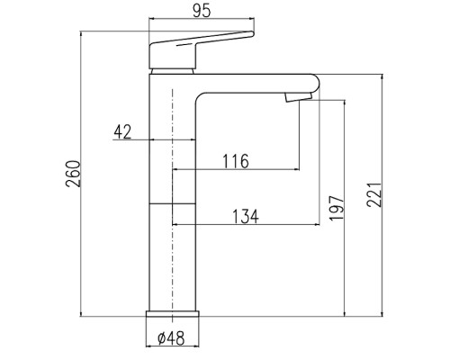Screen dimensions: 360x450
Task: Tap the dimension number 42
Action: pyautogui.click(x=122, y=131)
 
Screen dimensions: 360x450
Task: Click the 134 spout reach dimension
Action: pyautogui.click(x=245, y=216)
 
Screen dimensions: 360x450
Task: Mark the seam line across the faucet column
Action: pyautogui.click(x=171, y=203)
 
